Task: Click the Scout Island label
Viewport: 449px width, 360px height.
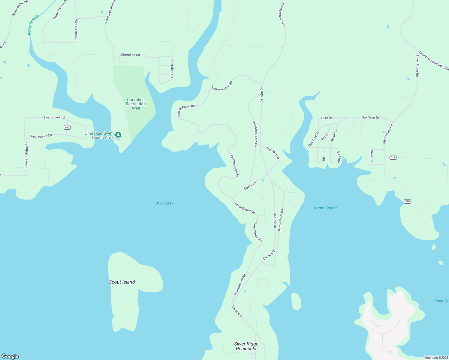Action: tap(122, 282)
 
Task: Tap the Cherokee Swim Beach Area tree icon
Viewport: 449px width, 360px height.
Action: tap(119, 135)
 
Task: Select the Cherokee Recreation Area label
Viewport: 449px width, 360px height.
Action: tap(136, 104)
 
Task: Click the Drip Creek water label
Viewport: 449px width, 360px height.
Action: tap(164, 203)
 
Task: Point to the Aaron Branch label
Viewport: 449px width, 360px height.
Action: tap(326, 208)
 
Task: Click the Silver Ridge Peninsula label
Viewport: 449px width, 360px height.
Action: tap(246, 346)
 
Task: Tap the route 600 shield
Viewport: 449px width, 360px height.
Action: tap(67, 127)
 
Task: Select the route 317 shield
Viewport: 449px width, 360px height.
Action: tap(393, 157)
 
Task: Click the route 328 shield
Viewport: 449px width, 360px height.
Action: tap(407, 201)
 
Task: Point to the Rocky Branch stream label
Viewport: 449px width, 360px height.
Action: tap(33, 25)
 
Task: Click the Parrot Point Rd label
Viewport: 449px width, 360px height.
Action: tap(281, 220)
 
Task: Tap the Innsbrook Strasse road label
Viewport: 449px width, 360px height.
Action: tap(255, 134)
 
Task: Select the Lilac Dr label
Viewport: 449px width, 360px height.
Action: tap(327, 118)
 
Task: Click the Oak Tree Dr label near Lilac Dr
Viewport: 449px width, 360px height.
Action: tap(370, 118)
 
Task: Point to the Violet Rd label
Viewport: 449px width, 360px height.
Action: tap(372, 157)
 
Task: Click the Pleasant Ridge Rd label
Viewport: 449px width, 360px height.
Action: tap(26, 155)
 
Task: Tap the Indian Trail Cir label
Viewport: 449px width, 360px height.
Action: tap(76, 29)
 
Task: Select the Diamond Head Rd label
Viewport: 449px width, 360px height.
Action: tap(430, 59)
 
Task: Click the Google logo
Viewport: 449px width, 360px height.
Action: tap(10, 356)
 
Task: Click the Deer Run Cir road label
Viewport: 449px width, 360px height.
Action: tap(273, 153)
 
